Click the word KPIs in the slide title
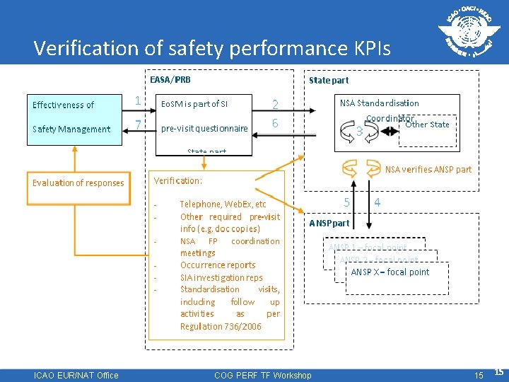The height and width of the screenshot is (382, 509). [367, 48]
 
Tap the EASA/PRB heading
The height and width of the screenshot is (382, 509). [170, 80]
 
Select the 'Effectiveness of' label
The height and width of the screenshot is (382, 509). [63, 105]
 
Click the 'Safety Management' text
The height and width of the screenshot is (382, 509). [71, 129]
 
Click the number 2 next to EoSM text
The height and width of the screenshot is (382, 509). [275, 105]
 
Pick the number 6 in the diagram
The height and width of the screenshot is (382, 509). [275, 123]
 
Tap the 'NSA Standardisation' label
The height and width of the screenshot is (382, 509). [379, 103]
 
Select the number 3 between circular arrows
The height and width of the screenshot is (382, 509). [359, 131]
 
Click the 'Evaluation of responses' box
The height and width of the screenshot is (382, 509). [78, 183]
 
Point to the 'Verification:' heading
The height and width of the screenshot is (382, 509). [178, 181]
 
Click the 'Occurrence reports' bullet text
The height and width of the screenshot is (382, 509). [218, 265]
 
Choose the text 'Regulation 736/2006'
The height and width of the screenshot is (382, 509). [221, 326]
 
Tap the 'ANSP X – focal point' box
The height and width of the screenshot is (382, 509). [390, 272]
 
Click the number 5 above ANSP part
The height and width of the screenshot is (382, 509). [346, 202]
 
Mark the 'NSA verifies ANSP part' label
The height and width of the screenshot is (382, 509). [428, 169]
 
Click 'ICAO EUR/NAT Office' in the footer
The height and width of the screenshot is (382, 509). [76, 375]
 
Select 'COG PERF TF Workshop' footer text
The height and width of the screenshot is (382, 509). [262, 375]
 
